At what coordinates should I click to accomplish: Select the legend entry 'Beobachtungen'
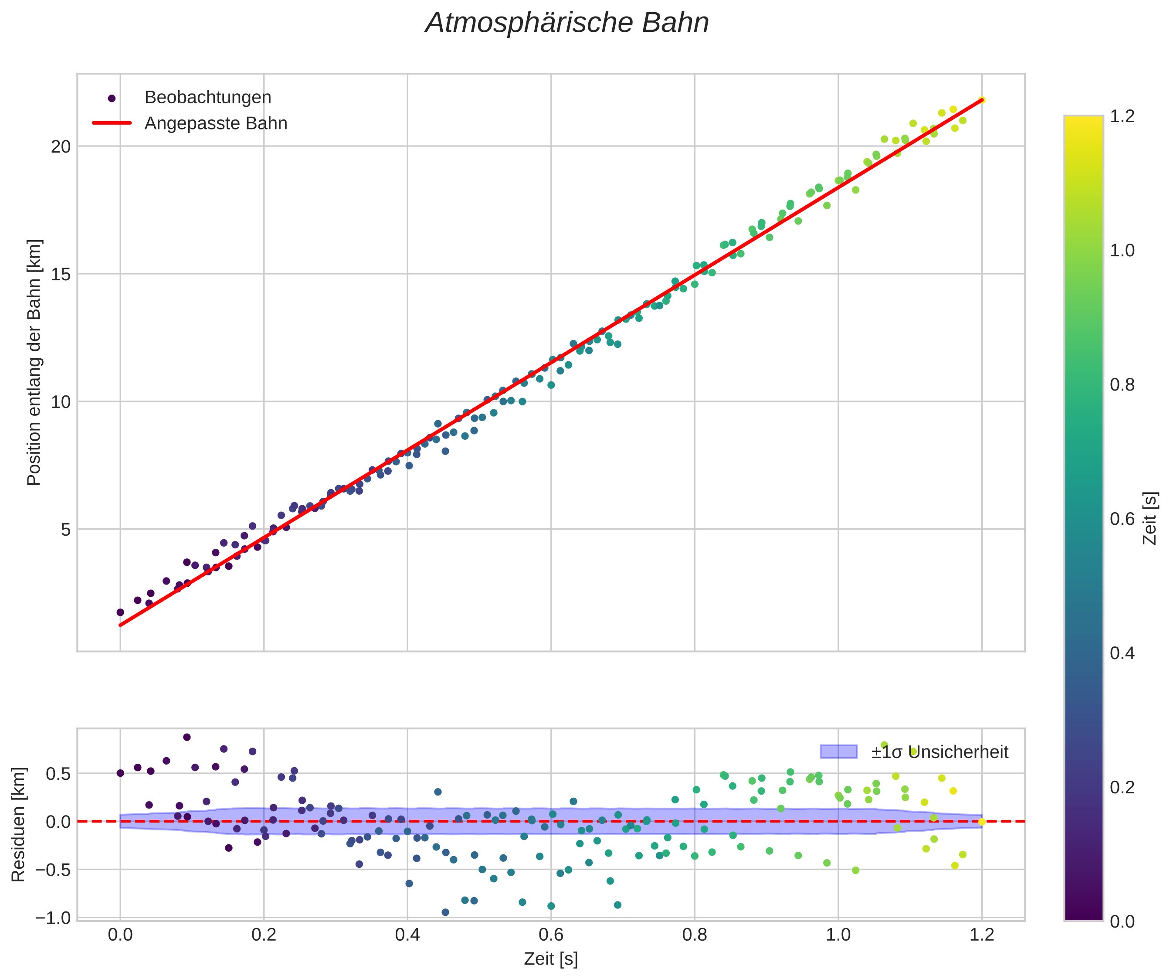click(x=207, y=98)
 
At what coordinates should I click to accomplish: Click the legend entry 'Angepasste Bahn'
click(x=216, y=123)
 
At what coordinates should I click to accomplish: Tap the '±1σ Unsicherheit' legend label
click(x=939, y=752)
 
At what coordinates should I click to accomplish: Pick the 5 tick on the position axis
click(x=66, y=529)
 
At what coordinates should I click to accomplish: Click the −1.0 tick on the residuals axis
click(x=53, y=918)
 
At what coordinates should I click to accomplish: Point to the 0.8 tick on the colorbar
click(x=1122, y=384)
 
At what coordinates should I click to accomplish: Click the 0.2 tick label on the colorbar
click(x=1122, y=787)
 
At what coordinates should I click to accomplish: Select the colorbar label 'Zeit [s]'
click(x=1150, y=518)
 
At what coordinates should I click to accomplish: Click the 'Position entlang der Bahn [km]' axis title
click(x=34, y=362)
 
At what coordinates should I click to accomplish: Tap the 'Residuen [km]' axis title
click(x=18, y=825)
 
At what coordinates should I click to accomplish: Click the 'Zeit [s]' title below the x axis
click(x=550, y=959)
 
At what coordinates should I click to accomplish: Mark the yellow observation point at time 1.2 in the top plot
click(x=982, y=100)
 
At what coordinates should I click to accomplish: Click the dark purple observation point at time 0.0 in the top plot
click(x=120, y=612)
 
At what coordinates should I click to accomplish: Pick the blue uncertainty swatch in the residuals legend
click(x=838, y=751)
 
